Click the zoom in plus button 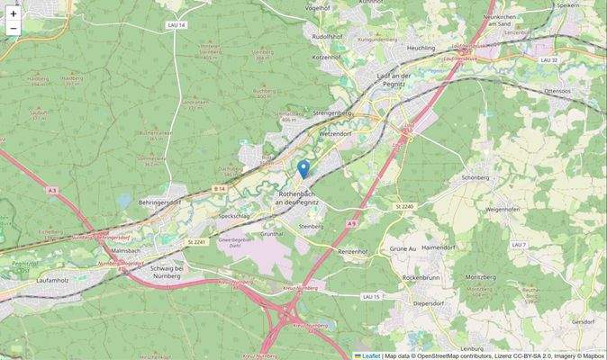[x=14, y=13]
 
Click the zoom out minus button [x=14, y=30]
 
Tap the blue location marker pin [x=303, y=168]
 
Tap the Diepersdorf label [x=421, y=303]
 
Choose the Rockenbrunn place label [x=421, y=277]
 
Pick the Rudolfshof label [x=327, y=36]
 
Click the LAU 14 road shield [x=177, y=25]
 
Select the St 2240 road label [x=403, y=207]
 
